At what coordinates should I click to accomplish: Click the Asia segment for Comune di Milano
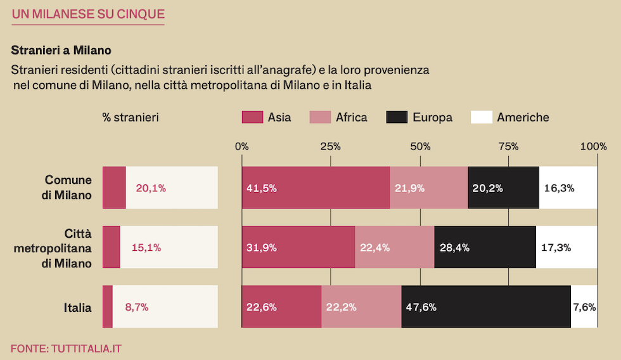pyautogui.click(x=316, y=188)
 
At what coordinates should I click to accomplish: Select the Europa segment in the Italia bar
pyautogui.click(x=486, y=307)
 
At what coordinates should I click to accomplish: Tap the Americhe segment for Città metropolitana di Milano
pyautogui.click(x=567, y=247)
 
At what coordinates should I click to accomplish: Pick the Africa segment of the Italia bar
pyautogui.click(x=361, y=307)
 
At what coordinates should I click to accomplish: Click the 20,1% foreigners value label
pyautogui.click(x=151, y=188)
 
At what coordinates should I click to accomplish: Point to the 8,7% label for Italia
pyautogui.click(x=137, y=307)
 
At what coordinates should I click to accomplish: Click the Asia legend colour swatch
pyautogui.click(x=252, y=117)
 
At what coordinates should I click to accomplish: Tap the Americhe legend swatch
pyautogui.click(x=482, y=117)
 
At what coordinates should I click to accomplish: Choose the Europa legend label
pyautogui.click(x=432, y=117)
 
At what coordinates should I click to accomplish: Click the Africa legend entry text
pyautogui.click(x=351, y=117)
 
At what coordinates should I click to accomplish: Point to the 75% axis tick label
pyautogui.click(x=508, y=146)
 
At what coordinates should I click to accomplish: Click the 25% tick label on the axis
pyautogui.click(x=330, y=146)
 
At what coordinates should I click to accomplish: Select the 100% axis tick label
pyautogui.click(x=593, y=146)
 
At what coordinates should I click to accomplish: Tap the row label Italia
pyautogui.click(x=77, y=308)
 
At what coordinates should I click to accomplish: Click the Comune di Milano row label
pyautogui.click(x=68, y=188)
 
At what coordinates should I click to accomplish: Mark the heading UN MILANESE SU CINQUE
pyautogui.click(x=88, y=14)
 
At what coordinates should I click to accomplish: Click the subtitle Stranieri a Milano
pyautogui.click(x=61, y=49)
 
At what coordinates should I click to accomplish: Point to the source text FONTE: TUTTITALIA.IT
pyautogui.click(x=66, y=348)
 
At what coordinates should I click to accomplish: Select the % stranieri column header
pyautogui.click(x=131, y=117)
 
